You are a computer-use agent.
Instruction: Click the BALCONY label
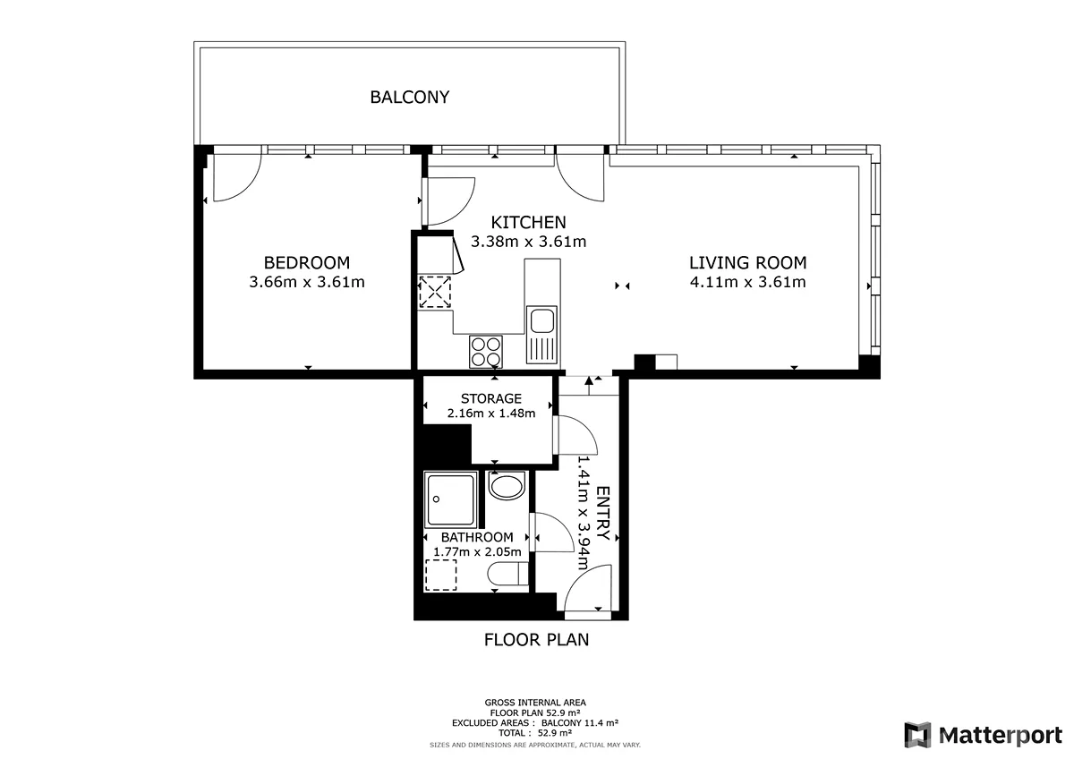tap(410, 98)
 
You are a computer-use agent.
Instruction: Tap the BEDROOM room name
tap(307, 263)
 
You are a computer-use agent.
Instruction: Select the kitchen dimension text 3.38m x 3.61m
tap(528, 241)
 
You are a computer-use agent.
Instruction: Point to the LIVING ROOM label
tap(748, 263)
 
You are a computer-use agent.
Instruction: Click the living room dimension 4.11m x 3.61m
tap(748, 282)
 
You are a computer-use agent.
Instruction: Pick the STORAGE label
tap(491, 398)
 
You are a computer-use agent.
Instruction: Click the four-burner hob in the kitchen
tap(486, 352)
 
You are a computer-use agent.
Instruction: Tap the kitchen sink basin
tap(542, 320)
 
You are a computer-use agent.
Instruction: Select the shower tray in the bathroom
tap(450, 499)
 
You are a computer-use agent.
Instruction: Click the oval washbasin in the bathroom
tap(507, 487)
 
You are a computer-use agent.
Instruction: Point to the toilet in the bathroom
tap(507, 574)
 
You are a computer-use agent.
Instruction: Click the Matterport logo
tap(983, 735)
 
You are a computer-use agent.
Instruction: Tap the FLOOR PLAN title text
tap(536, 640)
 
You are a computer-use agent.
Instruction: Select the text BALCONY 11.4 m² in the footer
tap(580, 722)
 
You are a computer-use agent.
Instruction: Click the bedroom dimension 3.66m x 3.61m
tap(307, 282)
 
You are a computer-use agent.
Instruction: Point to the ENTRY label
tap(602, 513)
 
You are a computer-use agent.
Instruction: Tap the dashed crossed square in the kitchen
tap(435, 292)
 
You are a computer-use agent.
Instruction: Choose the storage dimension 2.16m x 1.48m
tap(491, 414)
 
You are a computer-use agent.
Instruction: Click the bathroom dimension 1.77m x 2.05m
tap(477, 552)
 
